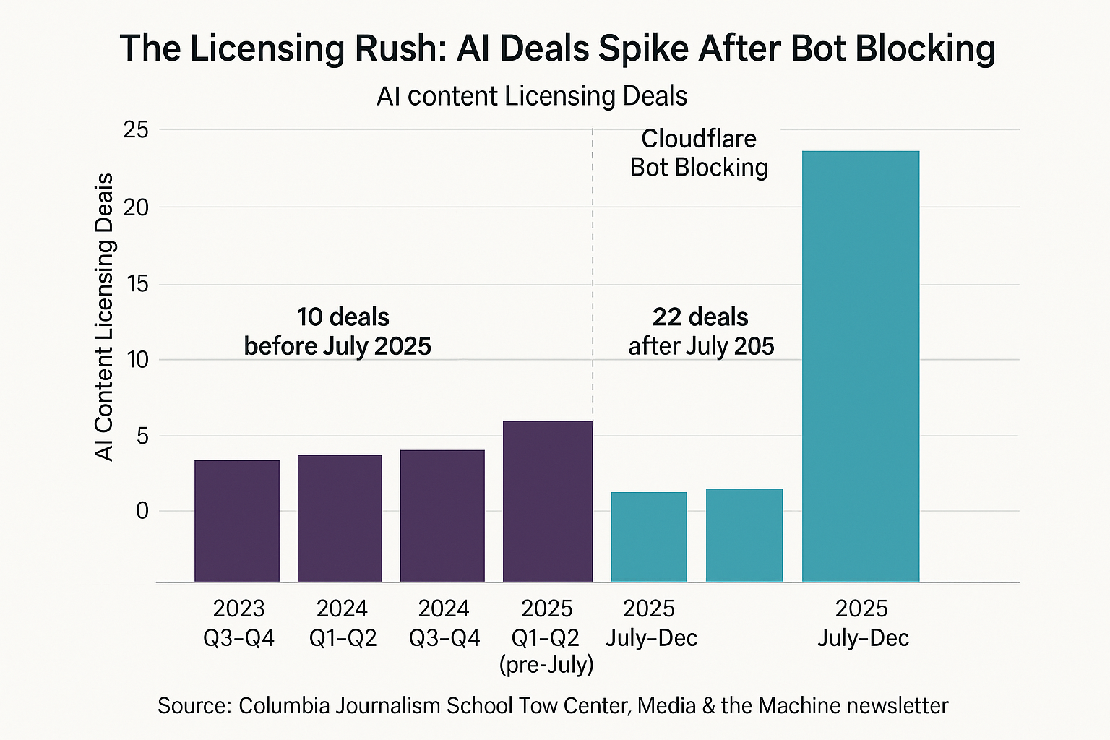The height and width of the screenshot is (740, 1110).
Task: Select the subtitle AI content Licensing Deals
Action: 532,96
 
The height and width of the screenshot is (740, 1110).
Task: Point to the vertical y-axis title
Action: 105,317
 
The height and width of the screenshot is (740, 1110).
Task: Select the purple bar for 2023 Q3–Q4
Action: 237,520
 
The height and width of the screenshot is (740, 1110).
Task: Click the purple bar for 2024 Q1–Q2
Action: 340,517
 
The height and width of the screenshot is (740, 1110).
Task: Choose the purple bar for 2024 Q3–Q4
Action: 442,515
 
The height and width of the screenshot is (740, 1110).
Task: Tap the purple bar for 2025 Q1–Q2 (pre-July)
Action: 547,501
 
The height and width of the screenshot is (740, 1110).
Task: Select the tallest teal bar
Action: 861,366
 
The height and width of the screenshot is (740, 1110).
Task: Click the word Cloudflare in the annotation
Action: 699,139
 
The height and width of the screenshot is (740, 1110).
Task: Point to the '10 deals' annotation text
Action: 343,317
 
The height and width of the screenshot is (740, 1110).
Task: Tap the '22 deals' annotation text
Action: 700,317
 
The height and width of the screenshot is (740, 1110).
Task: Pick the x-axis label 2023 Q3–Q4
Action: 238,623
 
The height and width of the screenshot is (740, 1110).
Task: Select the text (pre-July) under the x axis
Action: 546,664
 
